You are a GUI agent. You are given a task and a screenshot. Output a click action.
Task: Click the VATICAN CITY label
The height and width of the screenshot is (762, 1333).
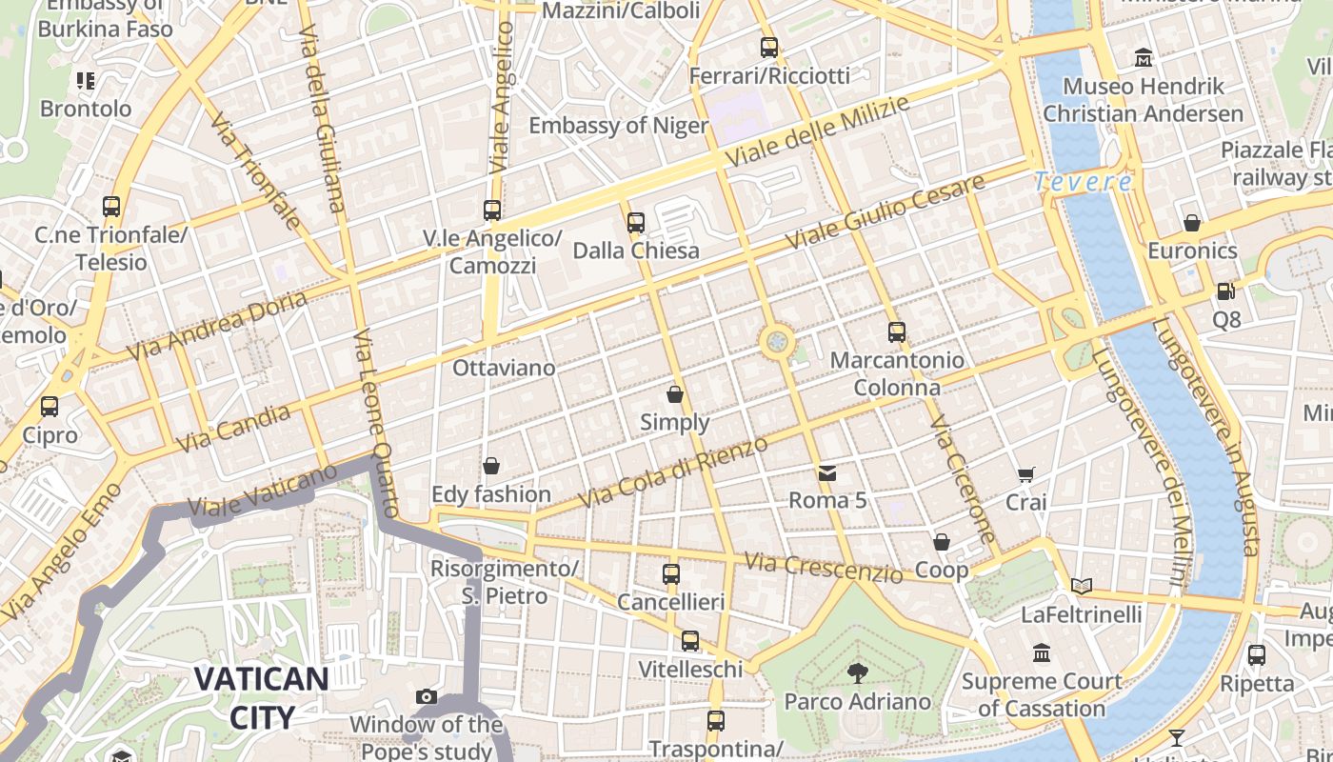[x=261, y=697]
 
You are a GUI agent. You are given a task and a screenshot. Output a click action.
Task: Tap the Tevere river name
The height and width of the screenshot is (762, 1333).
[x=1084, y=181]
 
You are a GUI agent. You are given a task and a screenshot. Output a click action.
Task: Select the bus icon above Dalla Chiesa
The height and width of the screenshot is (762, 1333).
[x=636, y=223]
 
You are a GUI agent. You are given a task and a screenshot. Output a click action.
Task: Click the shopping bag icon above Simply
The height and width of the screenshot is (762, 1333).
[x=675, y=394]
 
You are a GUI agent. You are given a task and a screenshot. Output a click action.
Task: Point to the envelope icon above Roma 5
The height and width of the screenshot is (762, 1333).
[x=826, y=472]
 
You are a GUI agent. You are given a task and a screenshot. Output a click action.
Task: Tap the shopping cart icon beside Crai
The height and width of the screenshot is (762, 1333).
[x=1025, y=474]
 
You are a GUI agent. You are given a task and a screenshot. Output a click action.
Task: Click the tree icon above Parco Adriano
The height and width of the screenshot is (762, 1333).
[x=857, y=673]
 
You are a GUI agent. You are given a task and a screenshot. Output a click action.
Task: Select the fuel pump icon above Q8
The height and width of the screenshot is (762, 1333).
[x=1226, y=291]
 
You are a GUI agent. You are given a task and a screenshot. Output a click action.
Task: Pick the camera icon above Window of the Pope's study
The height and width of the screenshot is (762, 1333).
[x=427, y=697]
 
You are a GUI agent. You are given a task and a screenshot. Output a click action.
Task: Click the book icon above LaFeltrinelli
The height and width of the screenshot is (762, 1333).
[x=1081, y=586]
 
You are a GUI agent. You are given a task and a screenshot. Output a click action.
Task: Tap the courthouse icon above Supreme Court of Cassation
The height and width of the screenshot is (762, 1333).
[x=1042, y=653]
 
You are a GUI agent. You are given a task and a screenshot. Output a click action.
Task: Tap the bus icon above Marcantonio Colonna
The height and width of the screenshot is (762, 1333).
[x=896, y=332]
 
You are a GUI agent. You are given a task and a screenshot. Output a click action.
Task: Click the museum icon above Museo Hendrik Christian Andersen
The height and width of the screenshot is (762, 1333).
[x=1144, y=58]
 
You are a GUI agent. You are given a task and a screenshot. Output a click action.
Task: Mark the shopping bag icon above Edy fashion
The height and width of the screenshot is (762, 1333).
[x=491, y=466]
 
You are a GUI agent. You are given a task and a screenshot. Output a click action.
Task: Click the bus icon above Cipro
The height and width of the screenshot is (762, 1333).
[x=50, y=407]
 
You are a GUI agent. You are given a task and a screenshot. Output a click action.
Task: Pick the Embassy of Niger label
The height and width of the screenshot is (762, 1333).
[x=619, y=126]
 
